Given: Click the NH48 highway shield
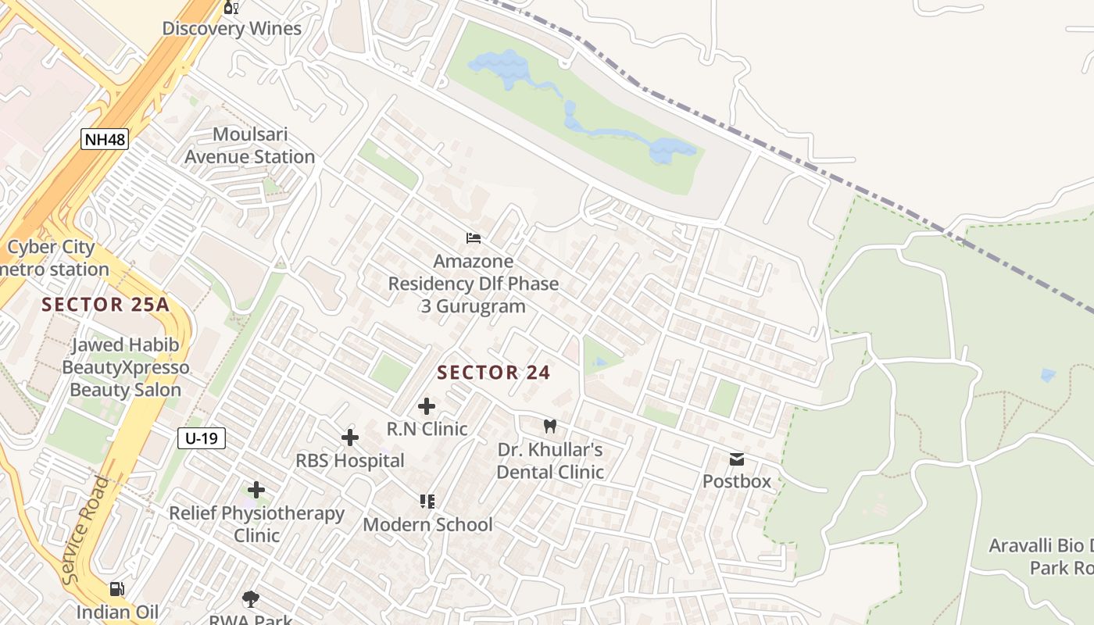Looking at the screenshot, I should point(104,140).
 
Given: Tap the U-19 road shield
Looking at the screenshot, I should point(202,438).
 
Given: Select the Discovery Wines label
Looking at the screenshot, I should point(231,29).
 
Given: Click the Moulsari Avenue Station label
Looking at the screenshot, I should point(249,146).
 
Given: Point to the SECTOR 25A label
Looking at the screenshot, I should point(105,305).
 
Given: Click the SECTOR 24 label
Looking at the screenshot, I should point(494,373).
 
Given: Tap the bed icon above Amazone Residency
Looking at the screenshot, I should point(473,238).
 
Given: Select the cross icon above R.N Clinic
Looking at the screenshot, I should point(427,406).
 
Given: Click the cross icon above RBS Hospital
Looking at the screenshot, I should point(350,437).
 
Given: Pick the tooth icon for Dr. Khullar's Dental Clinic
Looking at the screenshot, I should point(550,426).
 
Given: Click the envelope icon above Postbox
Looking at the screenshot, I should point(736,459).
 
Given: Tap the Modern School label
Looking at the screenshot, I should point(427,524).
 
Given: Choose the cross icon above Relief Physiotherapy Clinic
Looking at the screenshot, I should point(256,490).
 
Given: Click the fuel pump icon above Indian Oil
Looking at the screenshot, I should point(116,589).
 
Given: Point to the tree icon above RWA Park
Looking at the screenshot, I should point(250,599).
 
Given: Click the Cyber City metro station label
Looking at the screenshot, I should point(53,259).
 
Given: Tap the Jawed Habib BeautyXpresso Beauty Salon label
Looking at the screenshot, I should point(126,367).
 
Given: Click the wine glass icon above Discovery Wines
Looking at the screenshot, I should point(231,8).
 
